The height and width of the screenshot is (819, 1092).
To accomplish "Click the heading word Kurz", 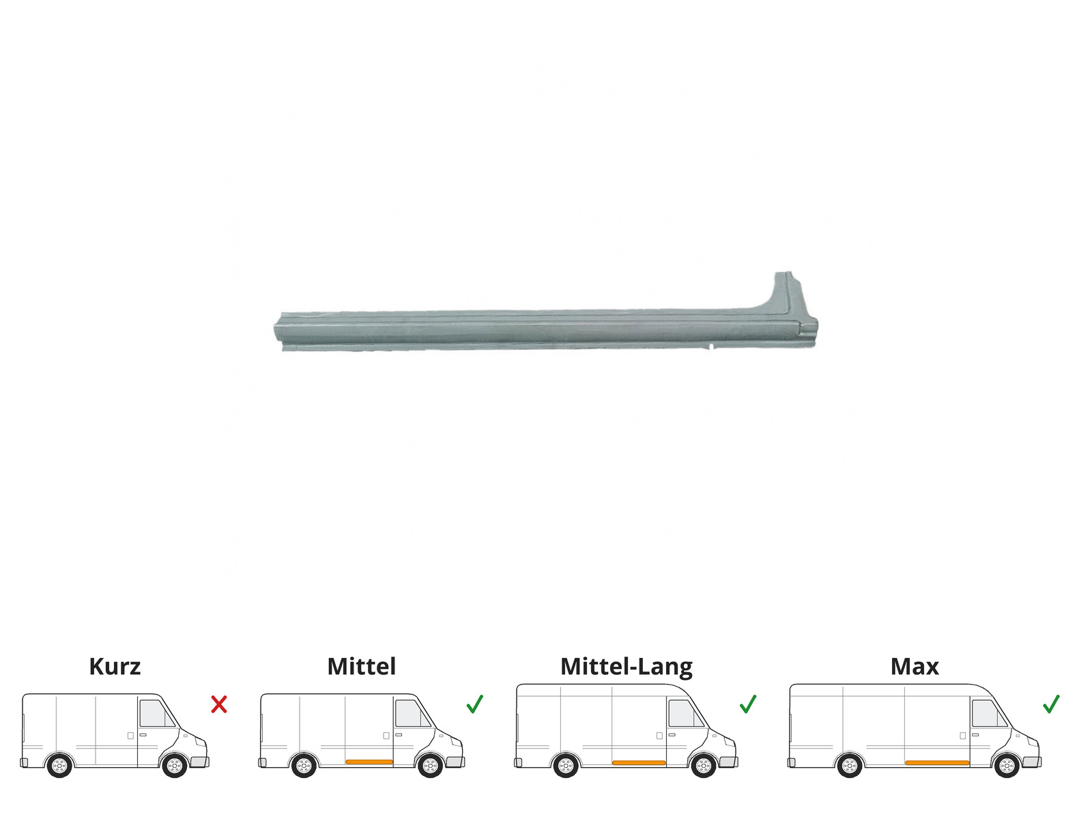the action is [115, 666].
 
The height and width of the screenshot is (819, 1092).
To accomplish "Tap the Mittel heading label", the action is [362, 666].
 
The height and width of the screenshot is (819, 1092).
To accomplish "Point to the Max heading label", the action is [915, 667].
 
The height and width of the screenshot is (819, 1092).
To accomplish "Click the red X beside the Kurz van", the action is [219, 704].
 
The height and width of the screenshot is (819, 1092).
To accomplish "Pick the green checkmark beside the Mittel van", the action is [474, 704].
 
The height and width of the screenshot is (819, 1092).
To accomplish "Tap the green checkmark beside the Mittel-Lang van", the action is [748, 704].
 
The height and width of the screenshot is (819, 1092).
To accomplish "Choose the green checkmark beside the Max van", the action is [1050, 704].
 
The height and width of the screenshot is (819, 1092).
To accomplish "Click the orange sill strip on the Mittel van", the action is [369, 762].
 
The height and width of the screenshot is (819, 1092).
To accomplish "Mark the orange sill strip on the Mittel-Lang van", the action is [639, 763].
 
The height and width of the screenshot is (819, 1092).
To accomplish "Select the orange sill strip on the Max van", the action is [937, 763].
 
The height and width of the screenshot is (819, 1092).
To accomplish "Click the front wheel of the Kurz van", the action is [175, 766].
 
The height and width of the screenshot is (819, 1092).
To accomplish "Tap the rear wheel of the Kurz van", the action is [59, 766].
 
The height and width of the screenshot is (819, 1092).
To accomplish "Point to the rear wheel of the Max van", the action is [849, 766].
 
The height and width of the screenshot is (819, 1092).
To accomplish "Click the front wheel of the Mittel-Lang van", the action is [704, 766].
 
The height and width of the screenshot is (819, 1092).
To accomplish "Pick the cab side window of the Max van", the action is [988, 714].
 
